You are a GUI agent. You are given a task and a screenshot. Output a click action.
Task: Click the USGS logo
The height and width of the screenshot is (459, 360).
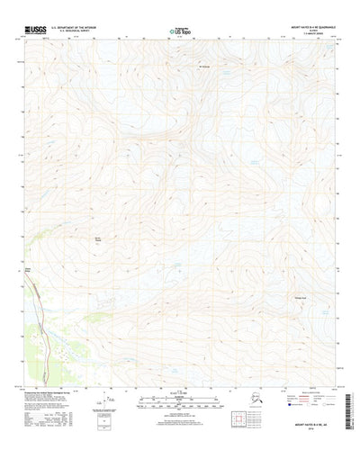tap(38, 30)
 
